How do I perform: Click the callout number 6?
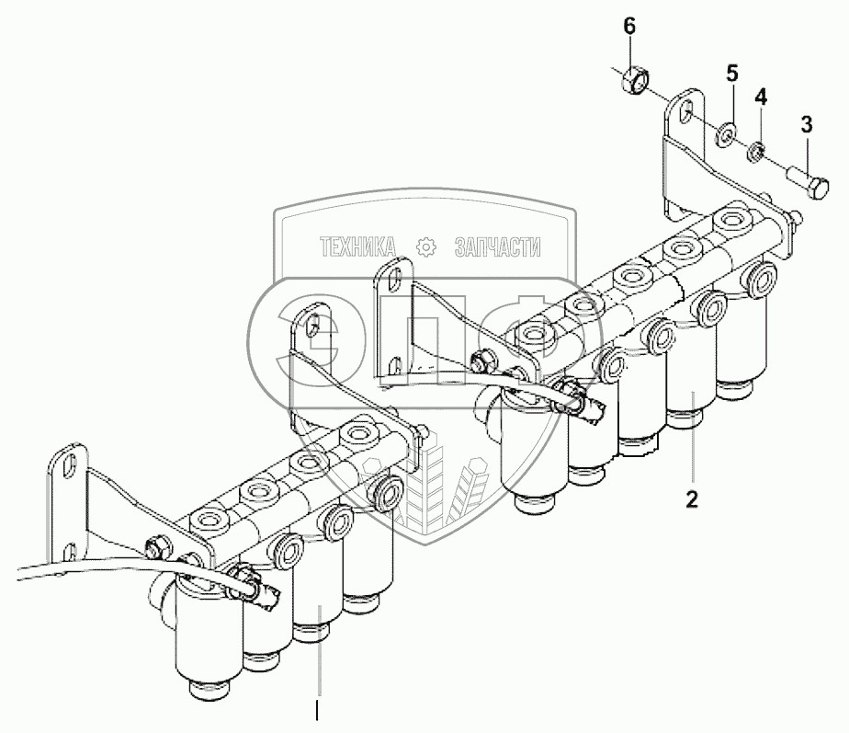(629, 26)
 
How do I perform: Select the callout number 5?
(732, 72)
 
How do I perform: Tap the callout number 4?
(761, 95)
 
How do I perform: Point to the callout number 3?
(806, 124)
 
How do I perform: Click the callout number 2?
(691, 499)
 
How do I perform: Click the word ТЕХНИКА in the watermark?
(358, 246)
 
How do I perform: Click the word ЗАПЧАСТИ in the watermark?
(497, 246)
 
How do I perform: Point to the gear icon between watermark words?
(425, 246)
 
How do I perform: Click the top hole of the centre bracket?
(394, 276)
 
